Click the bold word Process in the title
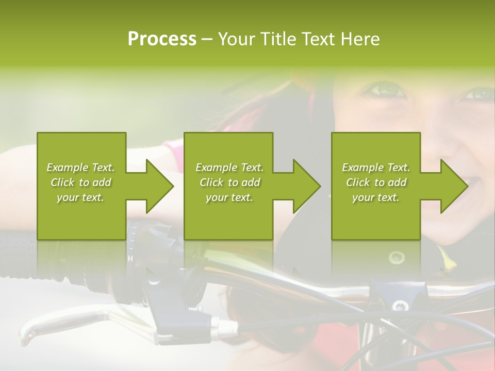click(x=162, y=39)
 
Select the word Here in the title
click(x=360, y=39)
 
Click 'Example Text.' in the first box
click(x=80, y=167)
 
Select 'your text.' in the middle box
click(x=229, y=197)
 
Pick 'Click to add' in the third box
click(x=376, y=182)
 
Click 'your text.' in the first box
click(x=80, y=197)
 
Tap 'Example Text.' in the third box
click(x=376, y=167)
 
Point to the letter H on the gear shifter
click(x=130, y=259)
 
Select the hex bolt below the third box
click(x=397, y=257)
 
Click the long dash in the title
click(x=207, y=39)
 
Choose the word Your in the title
click(x=238, y=39)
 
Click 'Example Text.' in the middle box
click(x=229, y=167)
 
